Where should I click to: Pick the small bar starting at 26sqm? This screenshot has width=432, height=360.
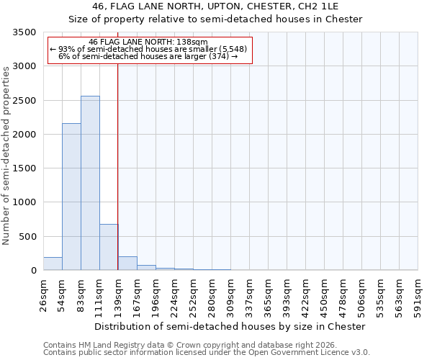click(x=53, y=264)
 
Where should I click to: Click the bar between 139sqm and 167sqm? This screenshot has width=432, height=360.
click(x=127, y=263)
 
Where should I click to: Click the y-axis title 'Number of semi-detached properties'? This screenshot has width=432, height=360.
click(x=7, y=156)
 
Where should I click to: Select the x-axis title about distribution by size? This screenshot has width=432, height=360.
click(x=230, y=326)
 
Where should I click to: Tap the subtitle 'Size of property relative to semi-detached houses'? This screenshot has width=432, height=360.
click(x=215, y=19)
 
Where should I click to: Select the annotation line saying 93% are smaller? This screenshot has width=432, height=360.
click(x=148, y=49)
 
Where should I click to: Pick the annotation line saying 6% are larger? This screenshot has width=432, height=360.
click(x=148, y=56)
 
